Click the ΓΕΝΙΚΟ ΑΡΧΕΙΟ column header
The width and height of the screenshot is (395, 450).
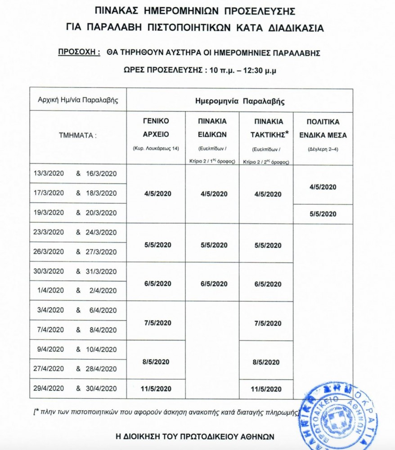click(x=156, y=128)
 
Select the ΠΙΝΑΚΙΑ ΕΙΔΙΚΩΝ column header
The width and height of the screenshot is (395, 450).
click(x=212, y=128)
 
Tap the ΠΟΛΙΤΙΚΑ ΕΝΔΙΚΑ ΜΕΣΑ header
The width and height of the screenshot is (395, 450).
click(x=323, y=128)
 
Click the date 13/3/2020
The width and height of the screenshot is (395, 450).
click(x=49, y=174)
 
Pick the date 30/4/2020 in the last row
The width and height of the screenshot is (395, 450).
click(x=101, y=388)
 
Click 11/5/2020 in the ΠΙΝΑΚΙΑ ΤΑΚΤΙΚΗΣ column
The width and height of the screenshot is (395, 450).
click(x=267, y=389)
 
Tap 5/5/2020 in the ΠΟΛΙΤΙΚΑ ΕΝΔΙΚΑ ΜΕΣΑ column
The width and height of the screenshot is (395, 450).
click(x=323, y=214)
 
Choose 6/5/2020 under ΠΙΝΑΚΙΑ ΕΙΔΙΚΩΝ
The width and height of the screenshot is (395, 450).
click(x=212, y=284)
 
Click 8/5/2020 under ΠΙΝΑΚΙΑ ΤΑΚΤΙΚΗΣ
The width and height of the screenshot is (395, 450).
click(x=267, y=362)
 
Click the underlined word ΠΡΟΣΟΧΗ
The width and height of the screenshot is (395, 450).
click(x=79, y=52)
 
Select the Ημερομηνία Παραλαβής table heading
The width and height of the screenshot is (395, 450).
click(x=240, y=101)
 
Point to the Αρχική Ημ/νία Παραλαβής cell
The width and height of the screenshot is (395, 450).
click(x=78, y=100)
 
